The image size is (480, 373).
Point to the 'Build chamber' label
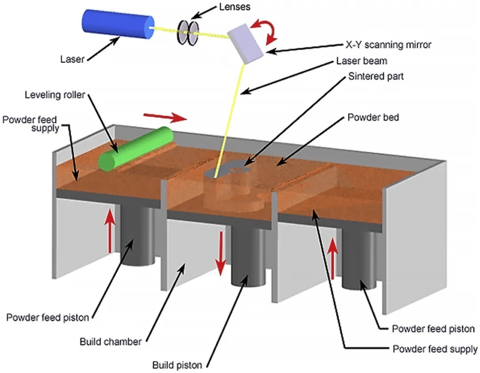(111, 342)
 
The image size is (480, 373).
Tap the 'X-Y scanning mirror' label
(388, 44)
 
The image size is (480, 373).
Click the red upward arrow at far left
(110, 231)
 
